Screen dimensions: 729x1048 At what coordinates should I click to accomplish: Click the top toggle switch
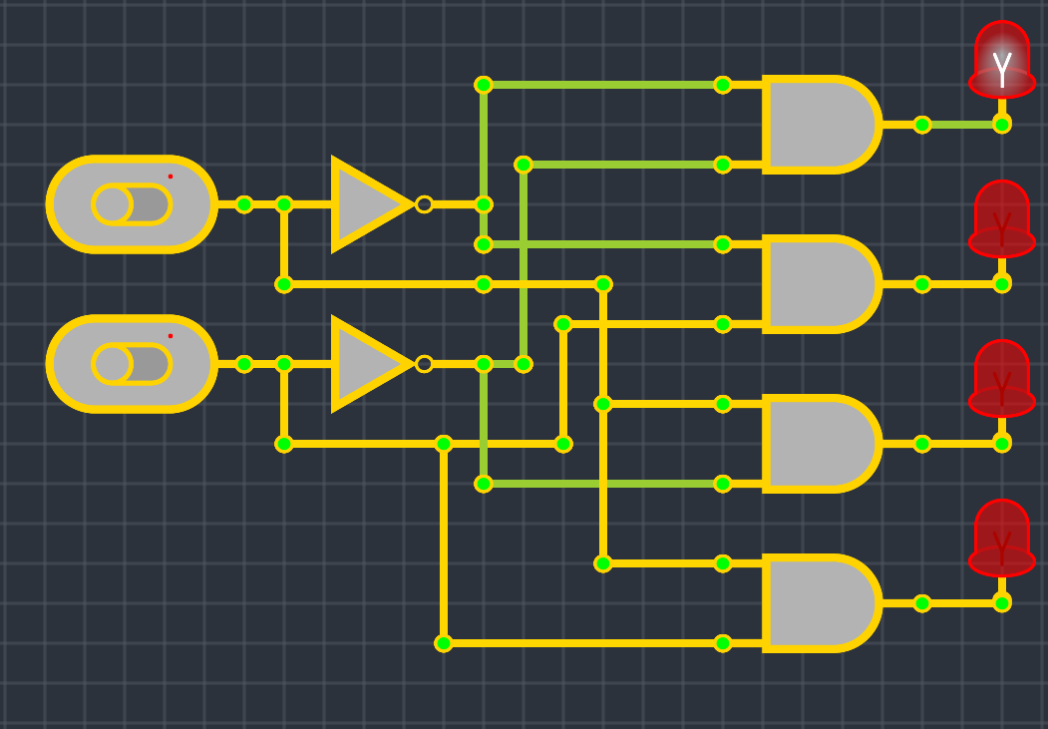132,204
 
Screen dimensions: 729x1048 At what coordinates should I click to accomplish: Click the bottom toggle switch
132,364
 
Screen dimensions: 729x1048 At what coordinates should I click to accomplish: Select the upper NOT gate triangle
366,204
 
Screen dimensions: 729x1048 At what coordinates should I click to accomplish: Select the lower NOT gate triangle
366,364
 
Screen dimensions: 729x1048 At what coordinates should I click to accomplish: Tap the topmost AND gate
818,125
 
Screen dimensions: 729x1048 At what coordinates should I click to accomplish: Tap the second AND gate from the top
818,284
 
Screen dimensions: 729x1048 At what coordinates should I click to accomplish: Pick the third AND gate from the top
818,444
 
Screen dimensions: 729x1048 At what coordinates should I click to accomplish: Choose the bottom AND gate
818,603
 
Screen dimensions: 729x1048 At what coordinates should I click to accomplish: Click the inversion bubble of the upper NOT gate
424,204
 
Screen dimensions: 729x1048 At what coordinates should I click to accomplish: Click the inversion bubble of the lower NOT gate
424,364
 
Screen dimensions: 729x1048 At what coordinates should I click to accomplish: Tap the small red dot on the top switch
171,177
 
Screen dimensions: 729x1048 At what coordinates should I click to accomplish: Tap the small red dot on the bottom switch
171,336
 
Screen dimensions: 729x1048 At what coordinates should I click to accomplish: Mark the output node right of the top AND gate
922,125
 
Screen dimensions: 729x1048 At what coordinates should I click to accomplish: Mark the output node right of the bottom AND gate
922,603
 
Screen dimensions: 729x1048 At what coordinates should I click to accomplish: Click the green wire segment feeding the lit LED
962,125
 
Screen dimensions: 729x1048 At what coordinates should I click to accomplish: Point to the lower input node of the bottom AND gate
723,643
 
